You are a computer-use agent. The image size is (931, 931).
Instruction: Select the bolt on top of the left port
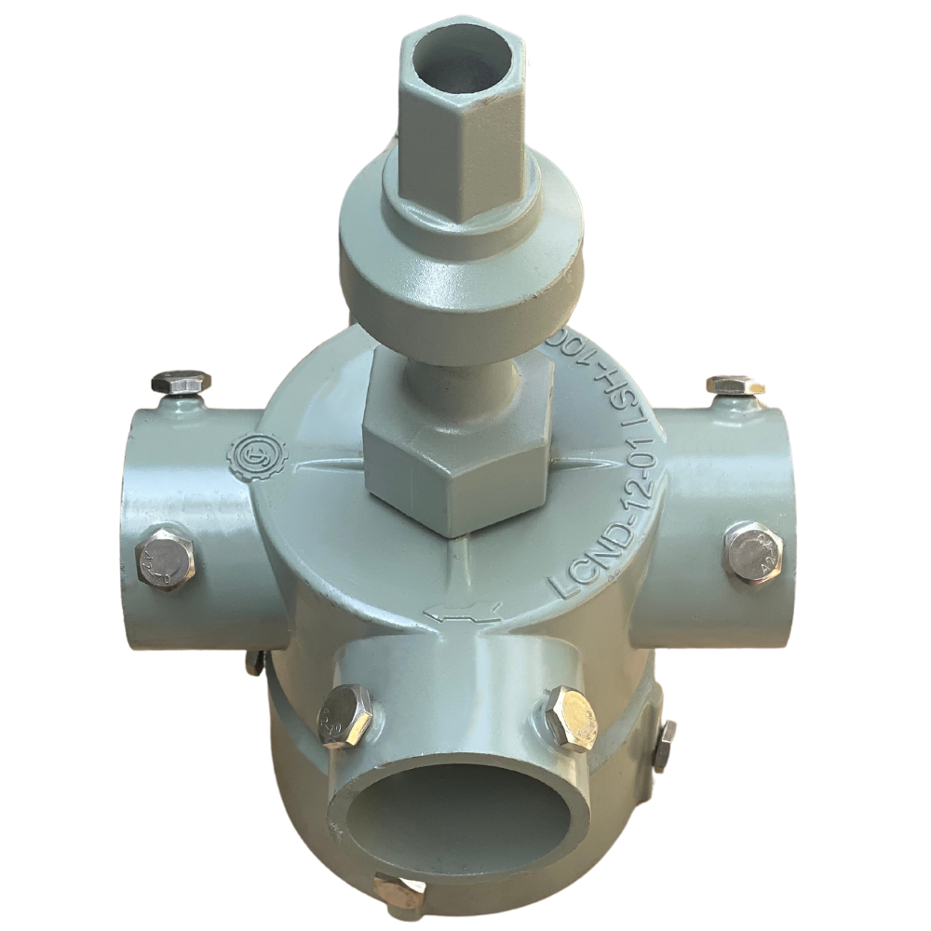pyautogui.click(x=180, y=382)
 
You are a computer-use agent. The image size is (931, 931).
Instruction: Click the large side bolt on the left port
pyautogui.click(x=167, y=559)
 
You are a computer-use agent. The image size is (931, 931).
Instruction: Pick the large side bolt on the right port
pyautogui.click(x=753, y=553)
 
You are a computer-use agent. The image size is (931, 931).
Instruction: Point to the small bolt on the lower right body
pyautogui.click(x=665, y=745)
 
